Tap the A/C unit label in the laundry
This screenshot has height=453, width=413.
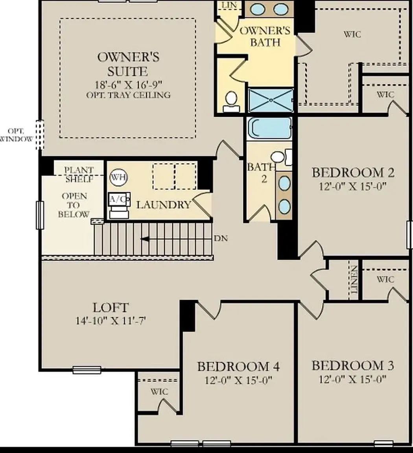(x=119, y=199)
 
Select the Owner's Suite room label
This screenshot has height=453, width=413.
(x=128, y=64)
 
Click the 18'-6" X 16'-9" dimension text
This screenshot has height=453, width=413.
(x=128, y=84)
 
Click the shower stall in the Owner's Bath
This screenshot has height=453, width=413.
(x=271, y=100)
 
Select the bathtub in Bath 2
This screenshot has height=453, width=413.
(x=270, y=128)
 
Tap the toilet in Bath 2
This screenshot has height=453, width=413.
(x=279, y=157)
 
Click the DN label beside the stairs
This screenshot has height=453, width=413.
(x=221, y=238)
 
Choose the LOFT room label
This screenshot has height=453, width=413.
(x=111, y=308)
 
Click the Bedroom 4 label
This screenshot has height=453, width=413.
(x=238, y=367)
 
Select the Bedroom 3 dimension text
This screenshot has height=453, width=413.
(x=352, y=379)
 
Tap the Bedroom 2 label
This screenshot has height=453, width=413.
(x=353, y=173)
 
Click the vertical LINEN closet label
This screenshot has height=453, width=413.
(x=354, y=280)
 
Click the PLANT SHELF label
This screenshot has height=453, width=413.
(x=79, y=174)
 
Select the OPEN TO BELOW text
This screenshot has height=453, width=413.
(x=74, y=205)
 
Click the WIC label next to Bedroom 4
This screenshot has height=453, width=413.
(x=159, y=392)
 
